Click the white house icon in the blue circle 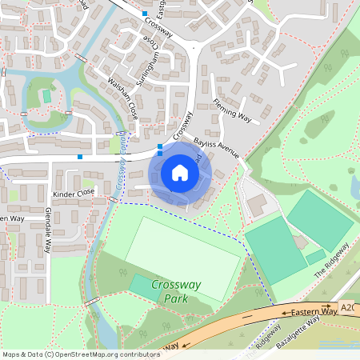tap(180, 173)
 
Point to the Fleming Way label tap(232, 112)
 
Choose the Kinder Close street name tap(74, 193)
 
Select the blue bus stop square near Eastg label tap(145, 14)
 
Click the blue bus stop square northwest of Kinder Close tap(80, 157)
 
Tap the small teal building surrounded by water tap(46, 96)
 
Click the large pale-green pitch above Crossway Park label tap(182, 256)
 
